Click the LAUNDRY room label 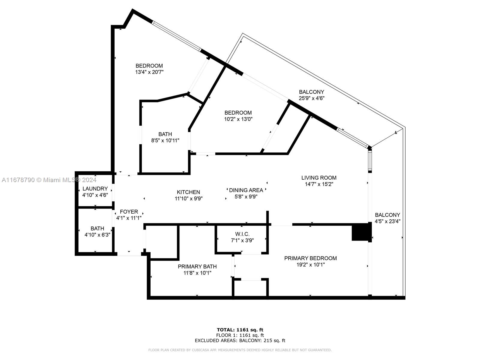point(95,189)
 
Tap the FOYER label point(129,211)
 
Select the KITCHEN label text point(188,192)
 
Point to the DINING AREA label point(246,190)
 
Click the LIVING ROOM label point(319,178)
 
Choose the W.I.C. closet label point(242,234)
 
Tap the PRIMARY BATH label point(197,266)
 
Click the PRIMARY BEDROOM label point(310,258)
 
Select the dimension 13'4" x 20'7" point(149,72)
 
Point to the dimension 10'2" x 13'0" point(238,119)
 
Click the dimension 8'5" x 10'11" point(165,140)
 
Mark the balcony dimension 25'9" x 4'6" point(312,98)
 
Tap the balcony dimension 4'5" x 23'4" point(388,221)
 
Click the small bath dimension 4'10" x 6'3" point(97,235)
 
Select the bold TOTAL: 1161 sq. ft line point(240,330)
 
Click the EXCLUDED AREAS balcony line point(240,340)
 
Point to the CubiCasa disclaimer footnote point(240,350)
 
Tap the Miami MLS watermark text point(49,180)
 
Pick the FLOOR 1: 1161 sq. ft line point(240,335)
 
